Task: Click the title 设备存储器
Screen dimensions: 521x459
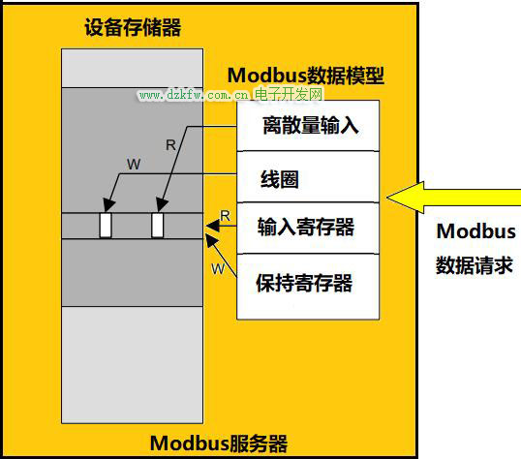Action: click(x=133, y=27)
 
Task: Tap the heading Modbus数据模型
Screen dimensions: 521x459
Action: click(x=306, y=76)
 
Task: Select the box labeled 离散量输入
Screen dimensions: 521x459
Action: click(x=308, y=126)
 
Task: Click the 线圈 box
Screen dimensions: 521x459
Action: click(x=308, y=177)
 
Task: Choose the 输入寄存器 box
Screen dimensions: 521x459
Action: click(x=308, y=228)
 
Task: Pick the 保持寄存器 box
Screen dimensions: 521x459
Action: click(x=308, y=287)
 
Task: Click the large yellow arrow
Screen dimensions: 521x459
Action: click(x=453, y=198)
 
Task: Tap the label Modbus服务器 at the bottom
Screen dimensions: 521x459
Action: click(x=219, y=444)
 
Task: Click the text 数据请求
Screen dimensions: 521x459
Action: click(x=475, y=265)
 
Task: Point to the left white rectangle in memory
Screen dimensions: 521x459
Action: click(x=106, y=226)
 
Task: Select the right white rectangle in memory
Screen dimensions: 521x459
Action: click(x=158, y=226)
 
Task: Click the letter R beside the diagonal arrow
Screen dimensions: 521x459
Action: click(x=170, y=145)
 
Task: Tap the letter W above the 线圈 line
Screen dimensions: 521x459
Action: click(x=134, y=165)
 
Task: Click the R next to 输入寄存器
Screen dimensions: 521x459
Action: click(x=225, y=216)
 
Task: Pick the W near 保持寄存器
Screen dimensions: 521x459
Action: click(x=218, y=269)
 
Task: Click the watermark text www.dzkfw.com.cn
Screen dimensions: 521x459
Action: click(x=194, y=95)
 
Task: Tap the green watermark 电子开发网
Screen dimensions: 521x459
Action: click(x=289, y=94)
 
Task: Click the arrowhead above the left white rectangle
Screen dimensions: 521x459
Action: click(x=108, y=204)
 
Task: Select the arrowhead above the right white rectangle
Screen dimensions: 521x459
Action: click(x=162, y=204)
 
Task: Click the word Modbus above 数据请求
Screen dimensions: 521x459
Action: click(x=475, y=231)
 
